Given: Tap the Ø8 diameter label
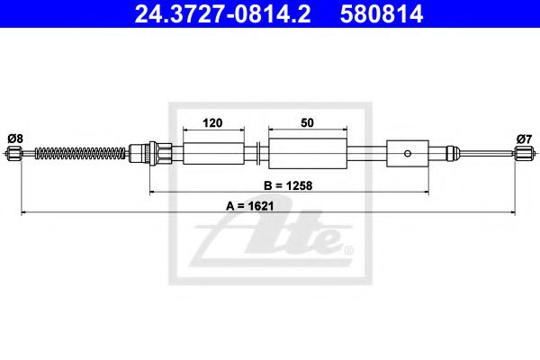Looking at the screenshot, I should click(x=15, y=138).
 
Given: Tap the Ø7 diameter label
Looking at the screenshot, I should click(x=524, y=138).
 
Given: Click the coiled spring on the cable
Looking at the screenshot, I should click(x=81, y=154).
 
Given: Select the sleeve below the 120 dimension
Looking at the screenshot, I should click(x=213, y=153).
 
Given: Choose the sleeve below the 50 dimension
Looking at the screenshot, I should click(x=309, y=153).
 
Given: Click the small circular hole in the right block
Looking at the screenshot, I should click(x=408, y=153).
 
